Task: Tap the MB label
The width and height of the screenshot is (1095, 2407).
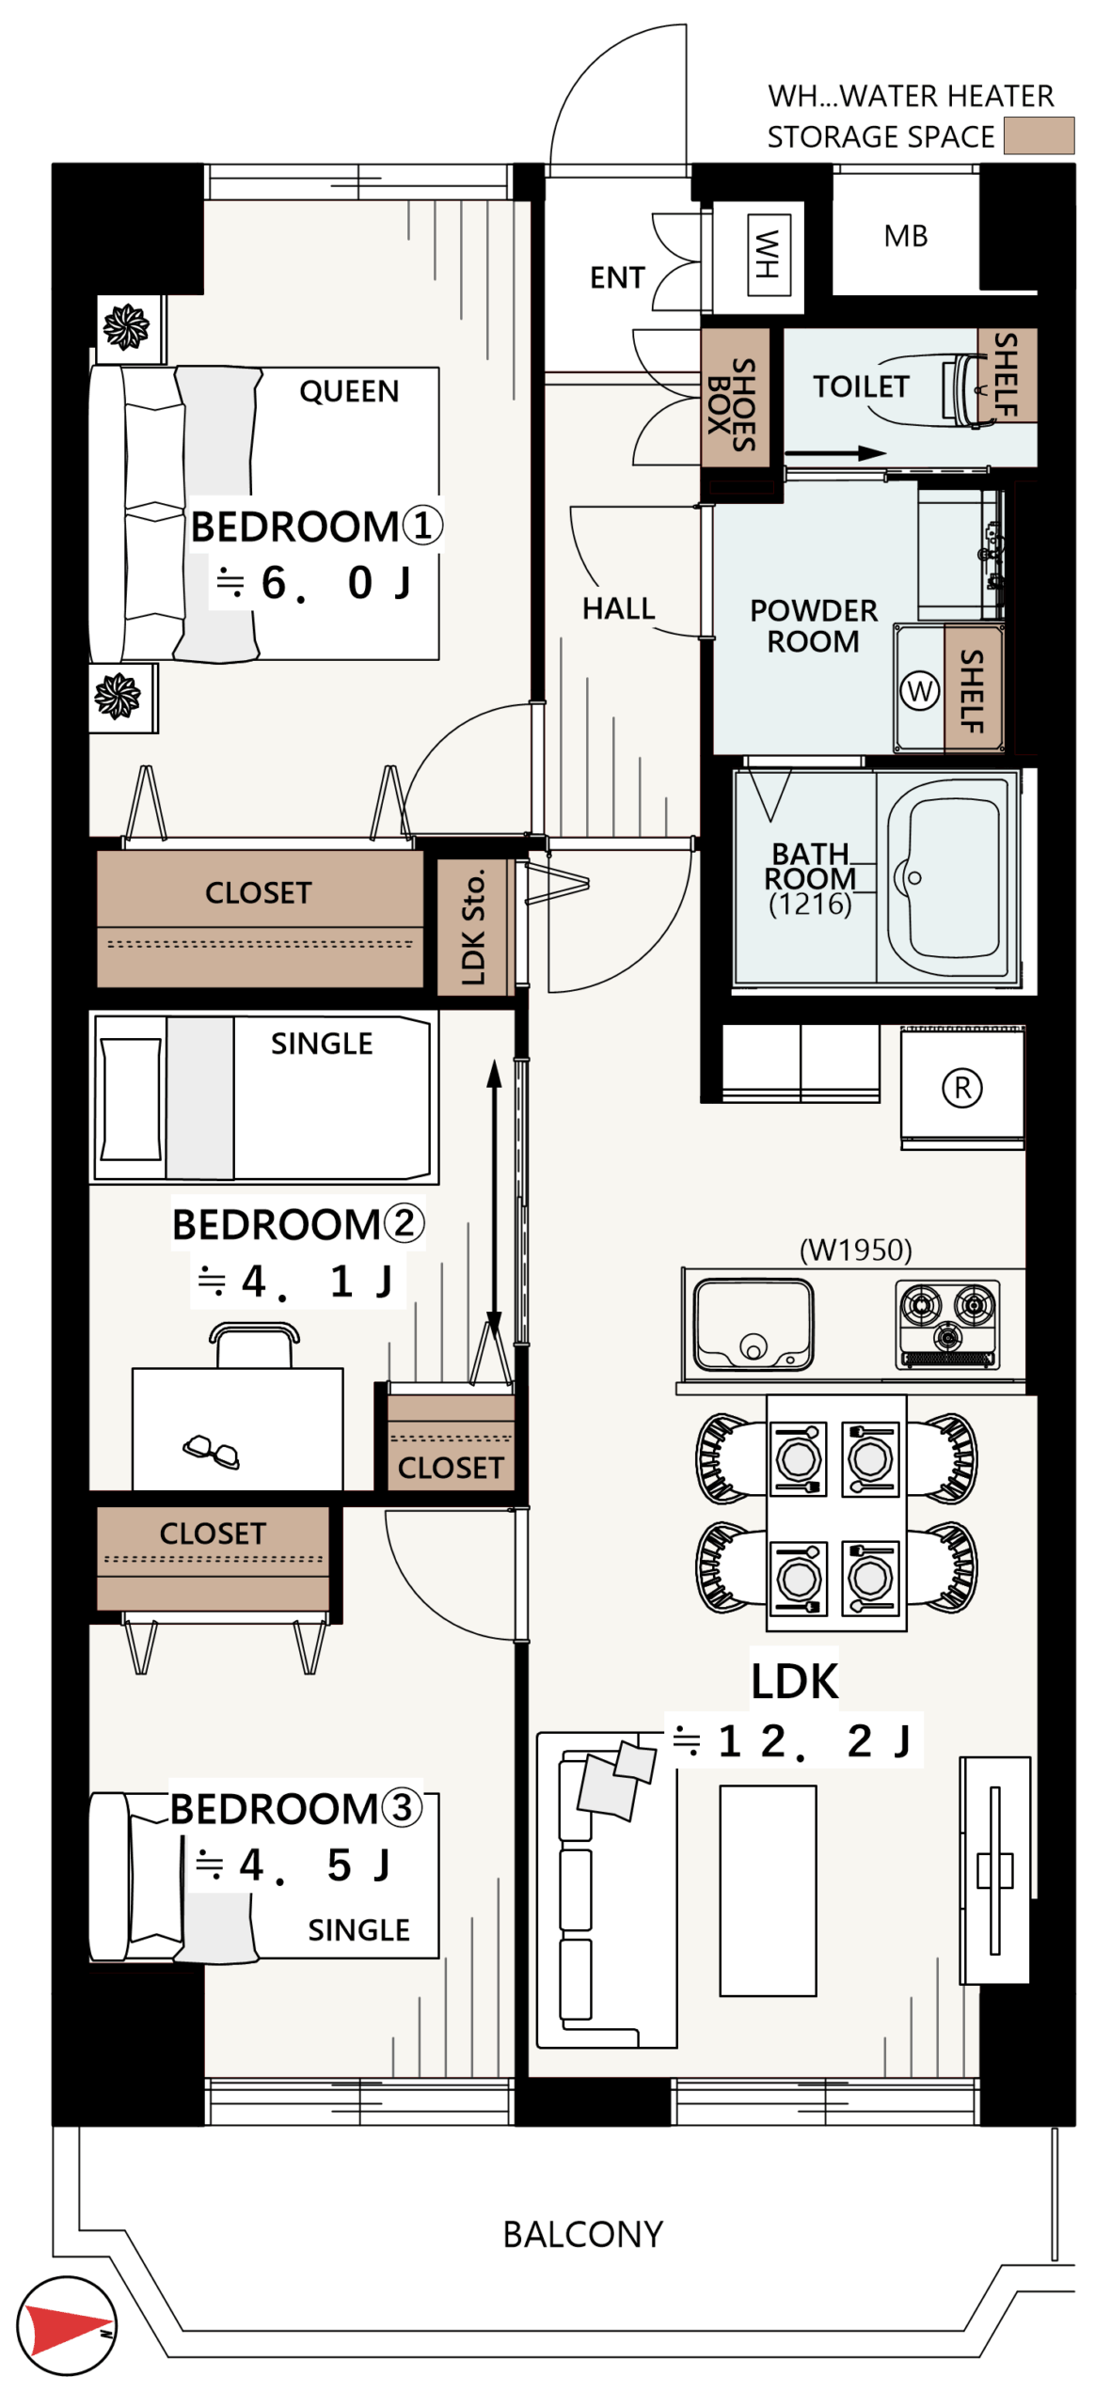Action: (x=905, y=235)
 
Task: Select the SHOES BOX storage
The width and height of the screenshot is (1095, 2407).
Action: (x=735, y=398)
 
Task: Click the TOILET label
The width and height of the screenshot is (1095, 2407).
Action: (x=860, y=386)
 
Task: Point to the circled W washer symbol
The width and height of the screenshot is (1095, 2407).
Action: (x=919, y=691)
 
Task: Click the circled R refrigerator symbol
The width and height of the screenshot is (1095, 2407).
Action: (x=961, y=1088)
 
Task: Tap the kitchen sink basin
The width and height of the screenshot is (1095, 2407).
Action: (x=753, y=1323)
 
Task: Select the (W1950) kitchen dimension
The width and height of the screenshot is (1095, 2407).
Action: (x=855, y=1250)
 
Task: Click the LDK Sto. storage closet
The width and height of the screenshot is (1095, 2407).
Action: (x=474, y=926)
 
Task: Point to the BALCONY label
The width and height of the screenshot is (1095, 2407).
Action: (x=582, y=2234)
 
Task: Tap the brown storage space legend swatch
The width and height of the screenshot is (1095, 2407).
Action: (x=1038, y=135)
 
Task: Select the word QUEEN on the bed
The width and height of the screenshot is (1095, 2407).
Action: (x=349, y=390)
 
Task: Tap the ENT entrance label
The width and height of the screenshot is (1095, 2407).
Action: (x=617, y=277)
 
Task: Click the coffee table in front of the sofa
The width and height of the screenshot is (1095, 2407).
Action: (x=768, y=1890)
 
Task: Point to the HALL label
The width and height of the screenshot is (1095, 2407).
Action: (x=618, y=608)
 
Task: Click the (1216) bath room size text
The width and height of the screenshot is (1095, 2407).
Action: (x=809, y=904)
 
